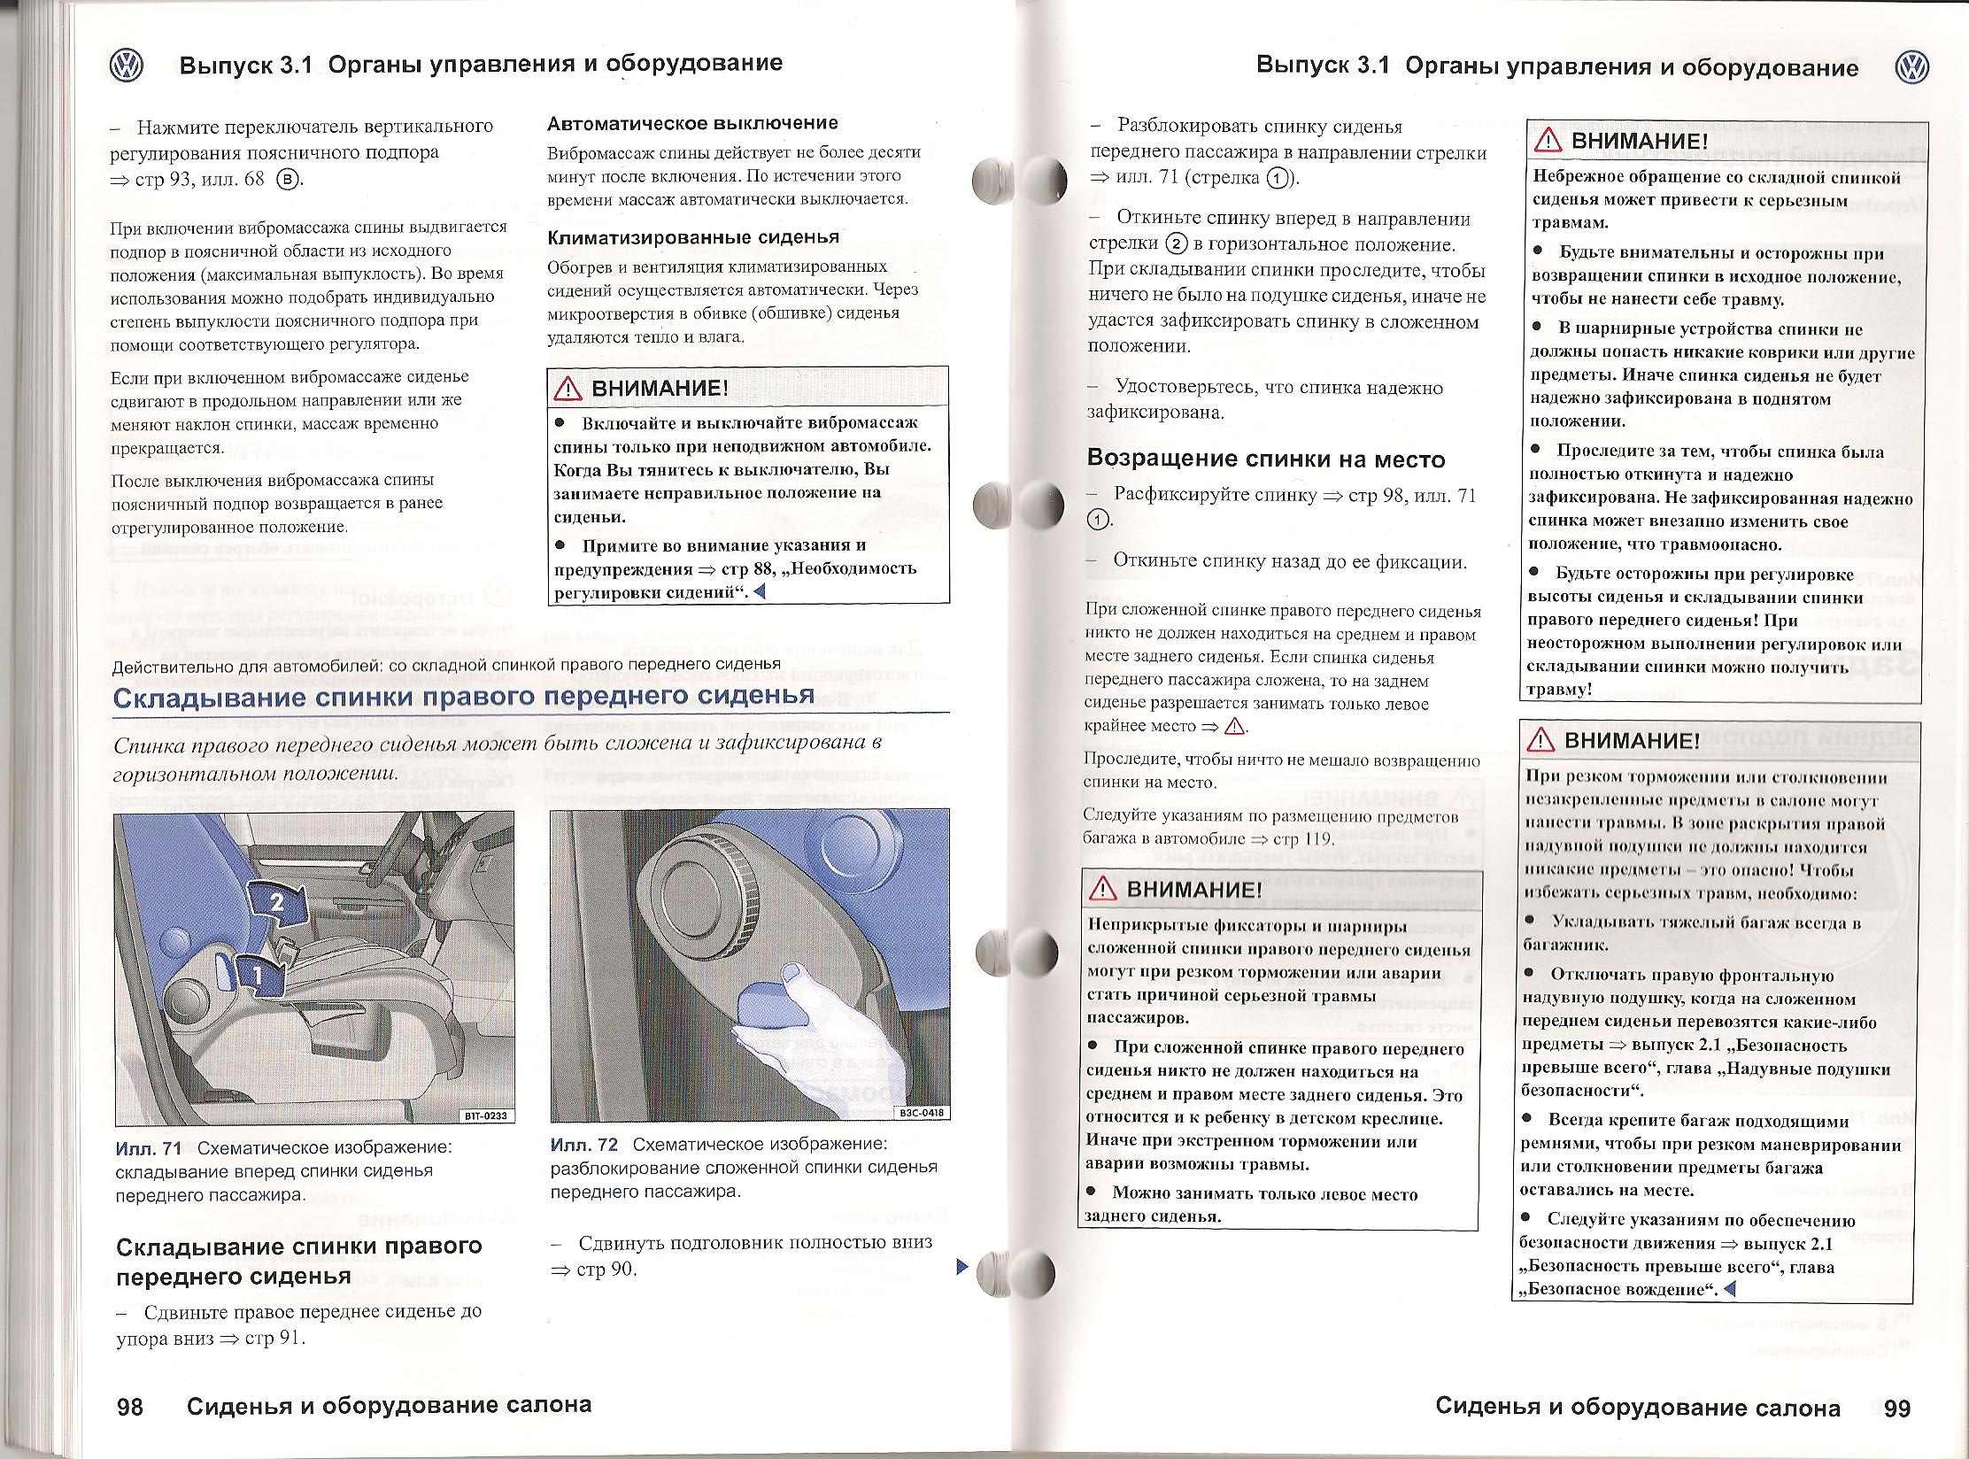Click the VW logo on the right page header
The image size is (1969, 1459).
pos(1912,68)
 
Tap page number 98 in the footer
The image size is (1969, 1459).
pos(130,1406)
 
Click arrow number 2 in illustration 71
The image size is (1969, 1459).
pos(278,903)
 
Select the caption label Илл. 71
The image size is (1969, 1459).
pos(148,1148)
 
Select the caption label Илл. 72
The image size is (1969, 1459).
pos(583,1145)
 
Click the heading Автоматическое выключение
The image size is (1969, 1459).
pos(692,123)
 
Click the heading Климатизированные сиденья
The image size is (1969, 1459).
pos(693,237)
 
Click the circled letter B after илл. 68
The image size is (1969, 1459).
pos(288,179)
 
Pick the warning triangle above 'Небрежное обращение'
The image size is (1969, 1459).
pos(1548,141)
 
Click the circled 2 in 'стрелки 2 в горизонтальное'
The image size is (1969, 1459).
pos(1176,243)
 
